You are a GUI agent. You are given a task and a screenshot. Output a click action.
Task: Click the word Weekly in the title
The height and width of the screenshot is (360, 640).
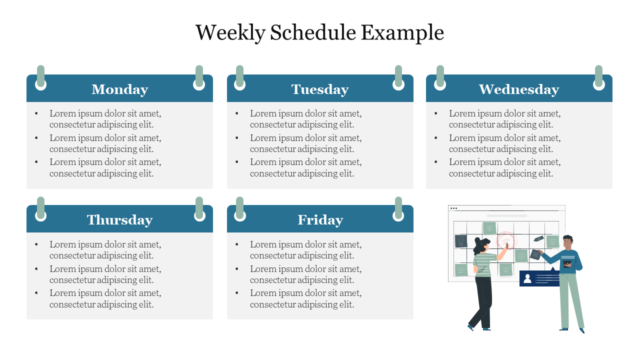tap(230, 33)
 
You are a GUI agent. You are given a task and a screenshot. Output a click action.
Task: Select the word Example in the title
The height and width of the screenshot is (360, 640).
tap(402, 33)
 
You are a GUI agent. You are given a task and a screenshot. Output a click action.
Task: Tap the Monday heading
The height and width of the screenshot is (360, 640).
tap(119, 89)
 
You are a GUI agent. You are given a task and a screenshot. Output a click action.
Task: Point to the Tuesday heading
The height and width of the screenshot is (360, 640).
tap(320, 89)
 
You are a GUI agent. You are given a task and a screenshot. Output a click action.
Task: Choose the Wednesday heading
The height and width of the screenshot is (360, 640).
tap(519, 89)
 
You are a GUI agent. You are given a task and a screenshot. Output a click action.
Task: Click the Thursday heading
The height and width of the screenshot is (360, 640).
tap(119, 220)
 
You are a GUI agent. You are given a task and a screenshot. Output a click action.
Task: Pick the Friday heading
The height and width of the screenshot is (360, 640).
tap(320, 220)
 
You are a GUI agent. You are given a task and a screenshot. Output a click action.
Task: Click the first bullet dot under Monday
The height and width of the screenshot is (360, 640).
tap(36, 113)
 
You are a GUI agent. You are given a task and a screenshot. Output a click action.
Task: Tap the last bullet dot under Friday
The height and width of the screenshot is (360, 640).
tap(237, 293)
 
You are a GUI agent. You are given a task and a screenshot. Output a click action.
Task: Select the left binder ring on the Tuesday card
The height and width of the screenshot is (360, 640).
tap(239, 78)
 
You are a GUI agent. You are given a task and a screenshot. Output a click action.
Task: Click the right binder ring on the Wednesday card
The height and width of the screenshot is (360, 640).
tap(598, 78)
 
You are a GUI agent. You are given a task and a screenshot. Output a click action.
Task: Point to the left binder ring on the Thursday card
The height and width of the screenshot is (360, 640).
tap(41, 209)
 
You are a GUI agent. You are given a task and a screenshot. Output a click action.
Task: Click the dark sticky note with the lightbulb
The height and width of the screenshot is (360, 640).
tap(461, 241)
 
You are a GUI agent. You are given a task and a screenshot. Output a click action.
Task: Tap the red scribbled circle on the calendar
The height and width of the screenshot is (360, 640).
tap(506, 240)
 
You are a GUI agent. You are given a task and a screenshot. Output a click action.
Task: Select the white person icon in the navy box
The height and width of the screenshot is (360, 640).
tap(527, 278)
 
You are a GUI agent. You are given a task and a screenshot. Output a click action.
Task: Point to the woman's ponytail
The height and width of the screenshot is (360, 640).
tap(477, 246)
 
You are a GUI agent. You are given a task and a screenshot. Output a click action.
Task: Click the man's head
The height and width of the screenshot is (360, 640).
tap(567, 242)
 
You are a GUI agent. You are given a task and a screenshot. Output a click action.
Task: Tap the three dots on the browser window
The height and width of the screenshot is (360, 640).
tap(453, 208)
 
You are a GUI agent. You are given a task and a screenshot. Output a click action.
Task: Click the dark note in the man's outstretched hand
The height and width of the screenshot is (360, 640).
tap(535, 254)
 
